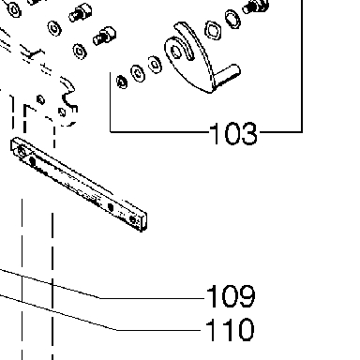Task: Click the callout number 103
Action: pos(233,134)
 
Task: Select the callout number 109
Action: pos(231,296)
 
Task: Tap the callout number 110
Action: pos(230,329)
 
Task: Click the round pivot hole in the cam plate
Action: pos(176,52)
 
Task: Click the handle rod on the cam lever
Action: pos(227,75)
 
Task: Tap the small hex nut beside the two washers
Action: pos(122,82)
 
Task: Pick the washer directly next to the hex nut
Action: pos(138,73)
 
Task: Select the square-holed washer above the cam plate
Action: pos(213,31)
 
